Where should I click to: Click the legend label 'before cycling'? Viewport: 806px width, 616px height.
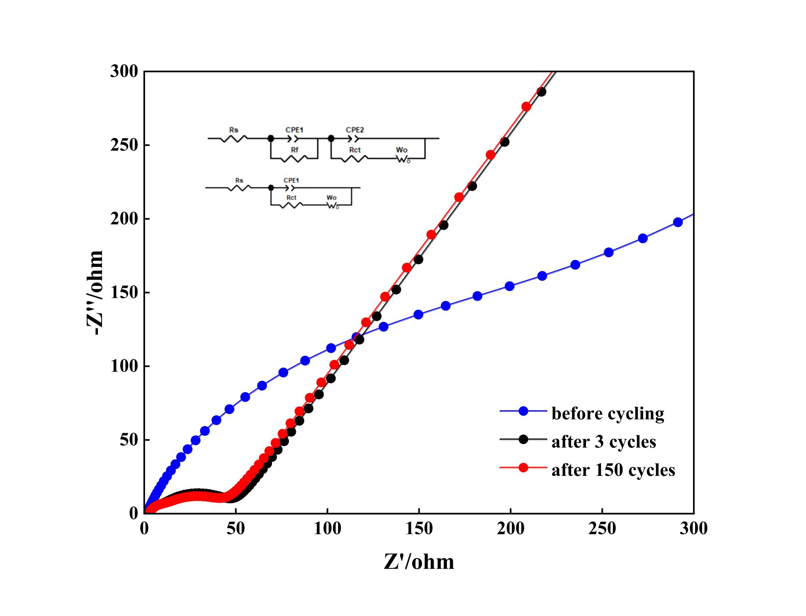click(x=608, y=413)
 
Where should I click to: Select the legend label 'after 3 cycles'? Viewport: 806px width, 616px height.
click(x=604, y=442)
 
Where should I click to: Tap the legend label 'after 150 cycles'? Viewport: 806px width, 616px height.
click(x=613, y=470)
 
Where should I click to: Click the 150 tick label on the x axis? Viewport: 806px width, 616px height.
click(x=419, y=529)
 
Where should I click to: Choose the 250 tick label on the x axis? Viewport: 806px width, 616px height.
click(x=602, y=529)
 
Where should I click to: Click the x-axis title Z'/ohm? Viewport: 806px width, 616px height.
click(x=419, y=562)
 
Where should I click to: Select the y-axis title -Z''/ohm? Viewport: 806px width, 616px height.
click(x=95, y=292)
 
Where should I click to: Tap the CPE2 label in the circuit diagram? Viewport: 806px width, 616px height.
click(x=355, y=130)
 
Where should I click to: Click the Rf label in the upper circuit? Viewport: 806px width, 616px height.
click(x=295, y=150)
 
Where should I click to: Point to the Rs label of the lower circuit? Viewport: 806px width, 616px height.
click(x=239, y=180)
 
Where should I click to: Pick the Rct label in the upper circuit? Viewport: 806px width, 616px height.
click(x=355, y=150)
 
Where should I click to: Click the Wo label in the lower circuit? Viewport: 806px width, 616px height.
click(x=332, y=198)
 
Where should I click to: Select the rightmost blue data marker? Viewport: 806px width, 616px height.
click(x=678, y=222)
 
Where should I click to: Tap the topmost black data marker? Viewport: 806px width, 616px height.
click(x=542, y=92)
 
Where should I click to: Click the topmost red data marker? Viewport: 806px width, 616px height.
click(x=526, y=107)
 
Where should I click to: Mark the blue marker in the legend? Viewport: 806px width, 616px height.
click(x=523, y=411)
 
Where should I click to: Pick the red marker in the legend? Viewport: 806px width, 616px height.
click(x=523, y=468)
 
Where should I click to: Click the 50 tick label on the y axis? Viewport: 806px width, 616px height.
click(x=128, y=440)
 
